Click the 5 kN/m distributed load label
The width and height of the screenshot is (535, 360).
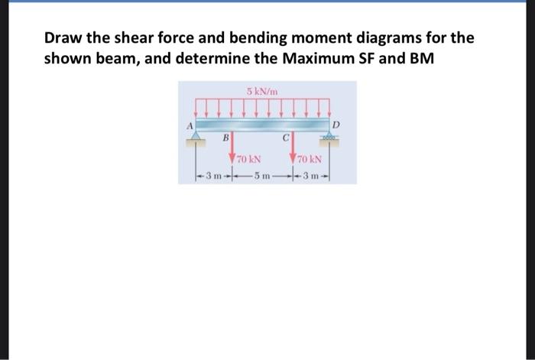pos(262,92)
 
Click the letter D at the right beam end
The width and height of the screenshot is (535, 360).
pos(335,122)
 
